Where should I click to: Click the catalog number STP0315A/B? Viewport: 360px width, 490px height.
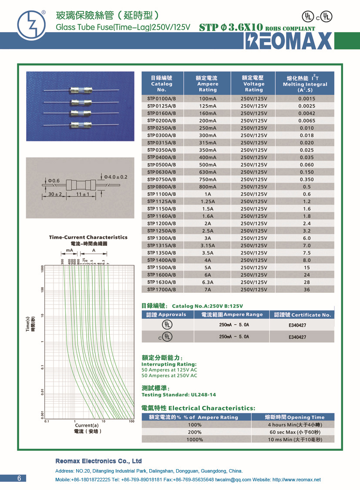(x=161, y=143)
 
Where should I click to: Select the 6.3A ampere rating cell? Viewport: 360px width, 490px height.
(x=208, y=282)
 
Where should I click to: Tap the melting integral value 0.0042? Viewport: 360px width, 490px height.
(x=306, y=113)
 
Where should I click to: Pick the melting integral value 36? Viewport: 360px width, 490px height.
(x=306, y=289)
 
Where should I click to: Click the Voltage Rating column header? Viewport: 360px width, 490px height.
(x=254, y=84)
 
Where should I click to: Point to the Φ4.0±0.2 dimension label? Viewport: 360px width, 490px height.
(x=115, y=177)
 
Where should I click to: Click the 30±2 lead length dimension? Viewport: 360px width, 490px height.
(x=55, y=194)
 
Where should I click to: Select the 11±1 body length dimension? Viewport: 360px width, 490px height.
(x=82, y=194)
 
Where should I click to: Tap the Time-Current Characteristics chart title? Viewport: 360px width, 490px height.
(x=88, y=237)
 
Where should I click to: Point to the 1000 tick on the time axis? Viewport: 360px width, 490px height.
(x=43, y=268)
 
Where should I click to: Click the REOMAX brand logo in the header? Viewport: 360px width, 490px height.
(x=289, y=41)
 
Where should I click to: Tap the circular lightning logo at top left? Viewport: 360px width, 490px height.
(x=31, y=25)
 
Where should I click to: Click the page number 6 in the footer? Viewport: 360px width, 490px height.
(x=19, y=478)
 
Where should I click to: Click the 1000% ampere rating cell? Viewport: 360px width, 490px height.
(x=195, y=440)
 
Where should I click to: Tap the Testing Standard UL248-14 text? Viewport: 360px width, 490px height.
(x=178, y=395)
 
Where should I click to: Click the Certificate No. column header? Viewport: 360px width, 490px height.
(x=302, y=315)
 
